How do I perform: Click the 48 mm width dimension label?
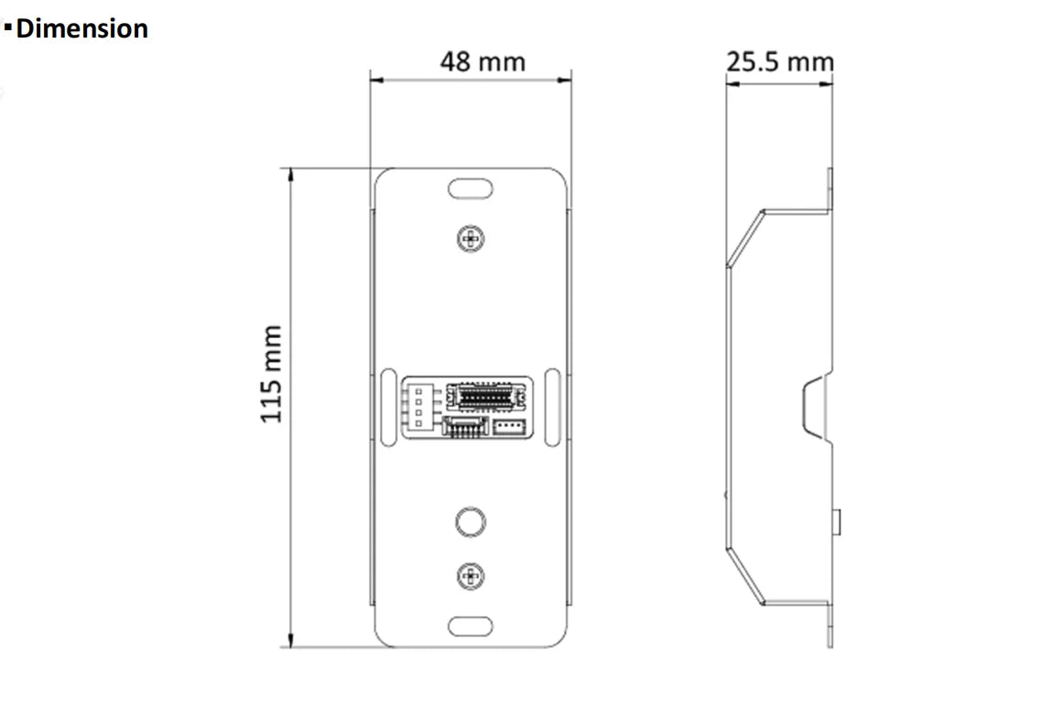coord(482,62)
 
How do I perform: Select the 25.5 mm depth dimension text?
coord(780,61)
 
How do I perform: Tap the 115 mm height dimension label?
coord(272,374)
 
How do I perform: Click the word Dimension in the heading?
coord(82,28)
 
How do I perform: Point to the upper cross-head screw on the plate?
coord(471,239)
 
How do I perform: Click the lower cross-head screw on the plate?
coord(471,575)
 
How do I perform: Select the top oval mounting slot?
coord(471,190)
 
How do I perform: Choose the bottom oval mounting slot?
coord(471,626)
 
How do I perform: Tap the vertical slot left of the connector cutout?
coord(389,408)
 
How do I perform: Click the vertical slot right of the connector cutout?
coord(552,408)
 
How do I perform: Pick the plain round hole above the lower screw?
coord(471,521)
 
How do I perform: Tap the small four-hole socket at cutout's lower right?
coord(508,428)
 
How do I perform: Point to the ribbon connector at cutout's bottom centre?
coord(466,427)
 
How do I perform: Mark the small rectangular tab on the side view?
coord(837,521)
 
